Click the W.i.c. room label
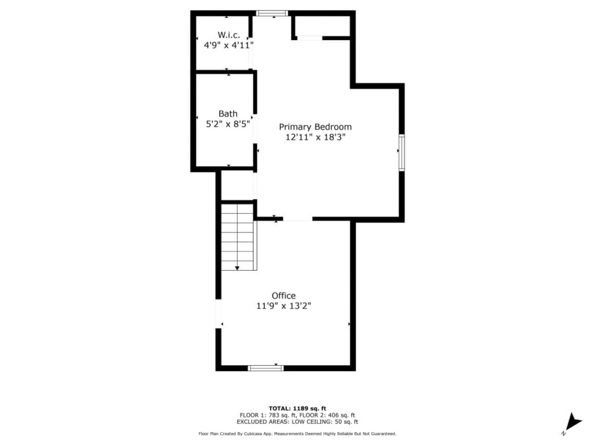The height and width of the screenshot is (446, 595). [x=228, y=35]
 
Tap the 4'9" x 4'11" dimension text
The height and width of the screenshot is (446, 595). [x=228, y=45]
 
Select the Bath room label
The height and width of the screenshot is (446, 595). [x=228, y=113]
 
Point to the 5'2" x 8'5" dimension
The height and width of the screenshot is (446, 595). [x=228, y=124]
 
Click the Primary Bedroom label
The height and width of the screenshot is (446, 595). [x=316, y=127]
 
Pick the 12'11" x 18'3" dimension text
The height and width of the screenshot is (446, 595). [x=316, y=137]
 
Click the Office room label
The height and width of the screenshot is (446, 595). [x=284, y=296]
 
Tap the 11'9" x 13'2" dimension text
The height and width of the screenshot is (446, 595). [x=284, y=305]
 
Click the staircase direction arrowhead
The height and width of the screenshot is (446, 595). [x=237, y=268]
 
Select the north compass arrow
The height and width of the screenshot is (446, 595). [x=573, y=422]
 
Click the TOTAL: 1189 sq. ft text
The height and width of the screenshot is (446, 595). [x=297, y=408]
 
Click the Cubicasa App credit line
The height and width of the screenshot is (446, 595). [x=297, y=433]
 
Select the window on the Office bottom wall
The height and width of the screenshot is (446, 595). [x=266, y=368]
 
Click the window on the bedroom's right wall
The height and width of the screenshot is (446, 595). [x=402, y=153]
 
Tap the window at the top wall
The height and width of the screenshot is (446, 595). [x=272, y=13]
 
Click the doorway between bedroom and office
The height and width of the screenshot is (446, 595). [x=297, y=219]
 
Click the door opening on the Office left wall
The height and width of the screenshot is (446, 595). [x=218, y=314]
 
